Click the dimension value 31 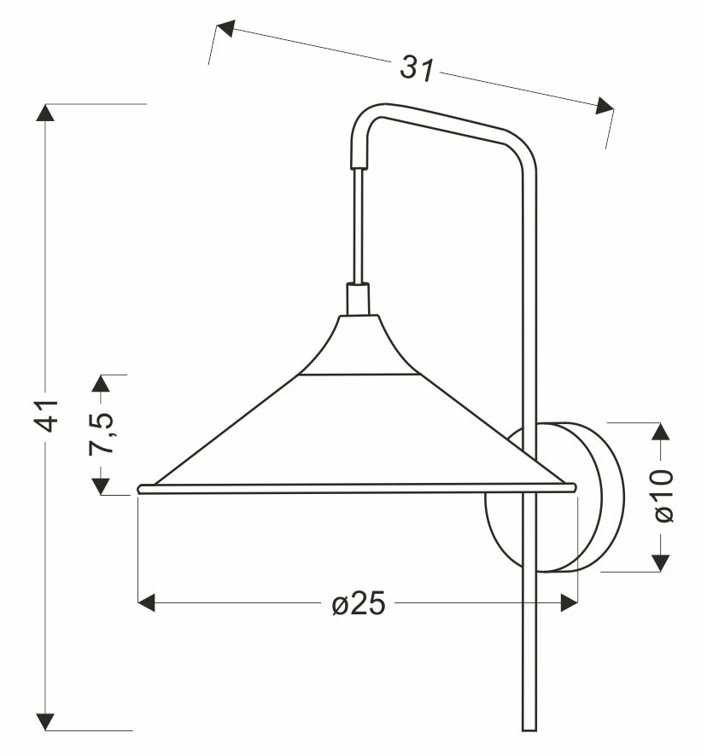tap(418, 69)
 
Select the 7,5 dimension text tap(103, 433)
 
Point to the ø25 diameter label tap(359, 604)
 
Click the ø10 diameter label tap(662, 496)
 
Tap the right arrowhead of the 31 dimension tap(605, 107)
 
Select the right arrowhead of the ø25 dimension tap(569, 603)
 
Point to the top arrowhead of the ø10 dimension tap(661, 431)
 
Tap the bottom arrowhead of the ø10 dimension tap(661, 562)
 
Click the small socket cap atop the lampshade tap(359, 299)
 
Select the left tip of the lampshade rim tap(141, 489)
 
